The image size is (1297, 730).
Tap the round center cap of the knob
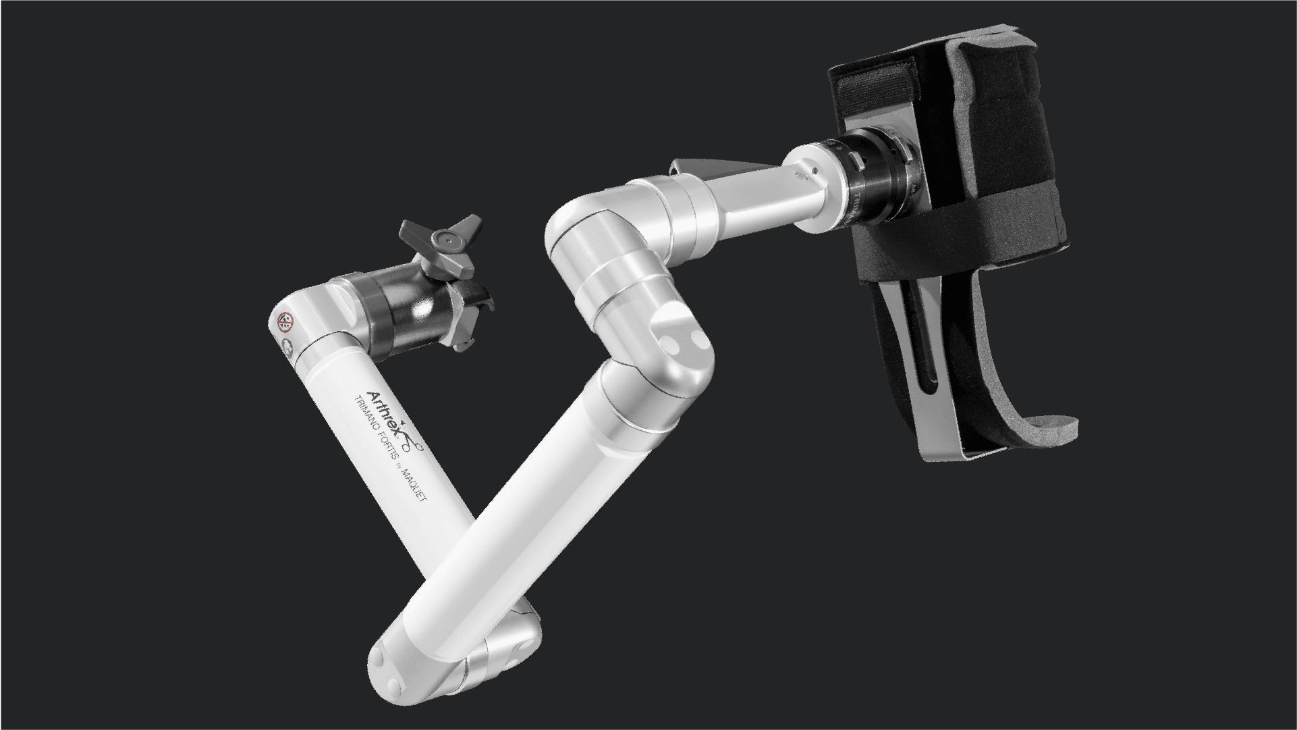445,238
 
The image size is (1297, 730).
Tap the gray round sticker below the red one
288,348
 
